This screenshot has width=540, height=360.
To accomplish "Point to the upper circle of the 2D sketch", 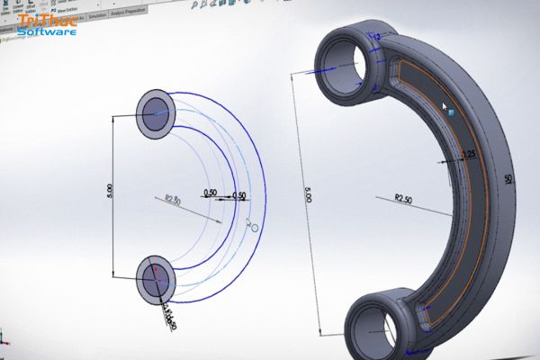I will [157, 112].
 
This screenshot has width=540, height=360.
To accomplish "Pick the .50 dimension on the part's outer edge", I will [509, 180].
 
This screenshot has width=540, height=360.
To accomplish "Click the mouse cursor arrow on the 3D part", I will [446, 108].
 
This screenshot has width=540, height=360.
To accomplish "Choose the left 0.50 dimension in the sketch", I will [210, 193].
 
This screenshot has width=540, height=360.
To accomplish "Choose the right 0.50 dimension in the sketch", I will [238, 195].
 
